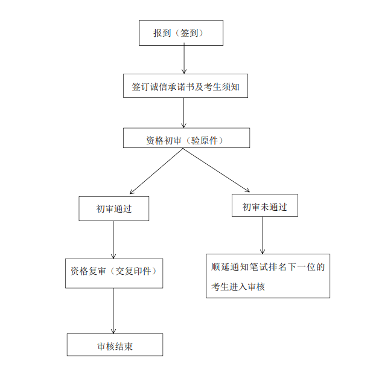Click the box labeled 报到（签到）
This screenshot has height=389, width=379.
tap(180, 33)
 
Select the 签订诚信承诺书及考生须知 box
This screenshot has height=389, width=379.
tap(186, 86)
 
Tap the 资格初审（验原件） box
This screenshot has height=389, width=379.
tap(186, 140)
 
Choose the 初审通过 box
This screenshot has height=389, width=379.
tap(114, 208)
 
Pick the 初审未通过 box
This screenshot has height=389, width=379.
tap(264, 206)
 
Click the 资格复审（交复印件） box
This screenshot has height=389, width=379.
tap(114, 272)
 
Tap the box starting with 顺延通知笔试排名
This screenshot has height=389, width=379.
tap(268, 275)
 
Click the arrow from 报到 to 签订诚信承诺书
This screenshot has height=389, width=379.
tap(184, 60)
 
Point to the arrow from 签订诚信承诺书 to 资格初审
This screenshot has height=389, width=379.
tap(184, 113)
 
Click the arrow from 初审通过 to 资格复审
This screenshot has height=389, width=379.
tap(114, 240)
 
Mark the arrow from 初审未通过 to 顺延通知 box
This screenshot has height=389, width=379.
tap(263, 236)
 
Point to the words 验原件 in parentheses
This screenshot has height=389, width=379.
tap(208, 140)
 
